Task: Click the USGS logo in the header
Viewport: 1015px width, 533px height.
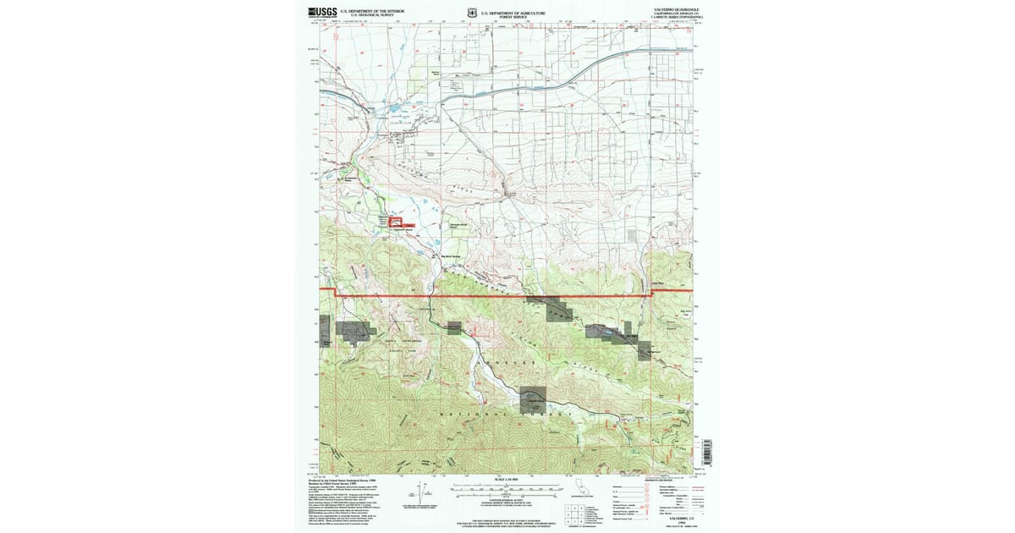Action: click(323, 12)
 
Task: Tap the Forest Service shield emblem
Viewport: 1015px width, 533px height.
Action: click(471, 13)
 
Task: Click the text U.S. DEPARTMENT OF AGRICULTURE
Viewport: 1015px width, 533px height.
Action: click(515, 12)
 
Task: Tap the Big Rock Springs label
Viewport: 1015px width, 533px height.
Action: click(452, 256)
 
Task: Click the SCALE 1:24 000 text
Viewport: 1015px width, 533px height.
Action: click(506, 480)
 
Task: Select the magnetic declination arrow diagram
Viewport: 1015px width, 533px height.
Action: click(420, 495)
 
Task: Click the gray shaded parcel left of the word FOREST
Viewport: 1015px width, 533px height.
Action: click(533, 395)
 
